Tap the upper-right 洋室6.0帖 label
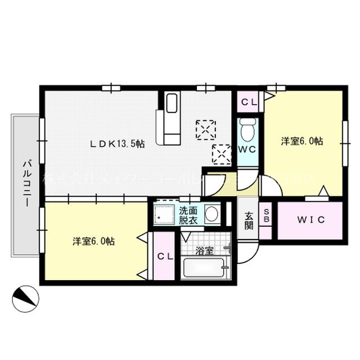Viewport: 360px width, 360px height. pyautogui.click(x=302, y=142)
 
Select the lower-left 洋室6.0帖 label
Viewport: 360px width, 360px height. pyautogui.click(x=94, y=241)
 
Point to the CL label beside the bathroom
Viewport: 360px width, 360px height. pyautogui.click(x=164, y=256)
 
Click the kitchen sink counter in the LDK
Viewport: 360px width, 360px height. pyautogui.click(x=170, y=120)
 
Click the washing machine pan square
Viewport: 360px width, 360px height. pyautogui.click(x=165, y=214)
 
